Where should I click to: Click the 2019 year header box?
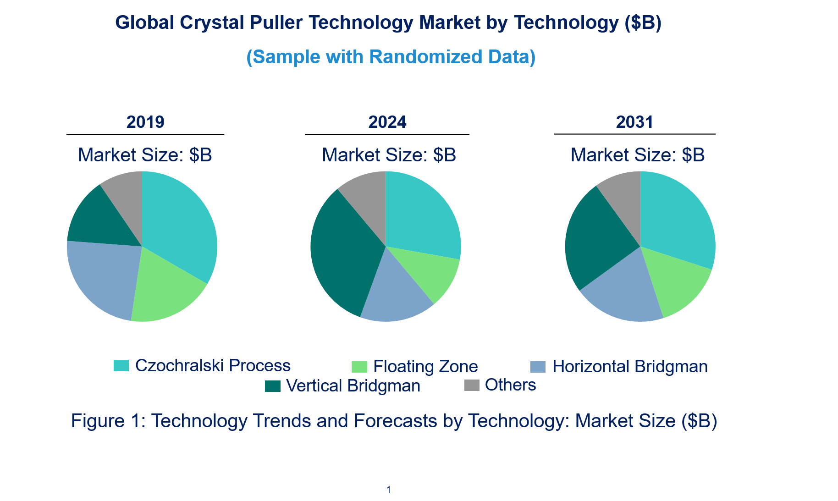coord(145,121)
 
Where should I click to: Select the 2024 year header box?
coord(387,121)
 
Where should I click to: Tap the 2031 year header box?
coord(634,121)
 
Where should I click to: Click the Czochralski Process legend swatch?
coord(121,365)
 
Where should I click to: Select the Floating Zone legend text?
coord(425,367)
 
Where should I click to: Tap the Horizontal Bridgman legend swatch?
coord(538,367)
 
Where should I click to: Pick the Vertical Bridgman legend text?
coord(353,386)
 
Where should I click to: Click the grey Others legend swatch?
coord(472,385)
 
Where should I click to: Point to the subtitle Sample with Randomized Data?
coord(391,57)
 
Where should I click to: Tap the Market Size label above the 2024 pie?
coord(389,155)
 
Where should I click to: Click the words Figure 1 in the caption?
coord(107,421)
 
